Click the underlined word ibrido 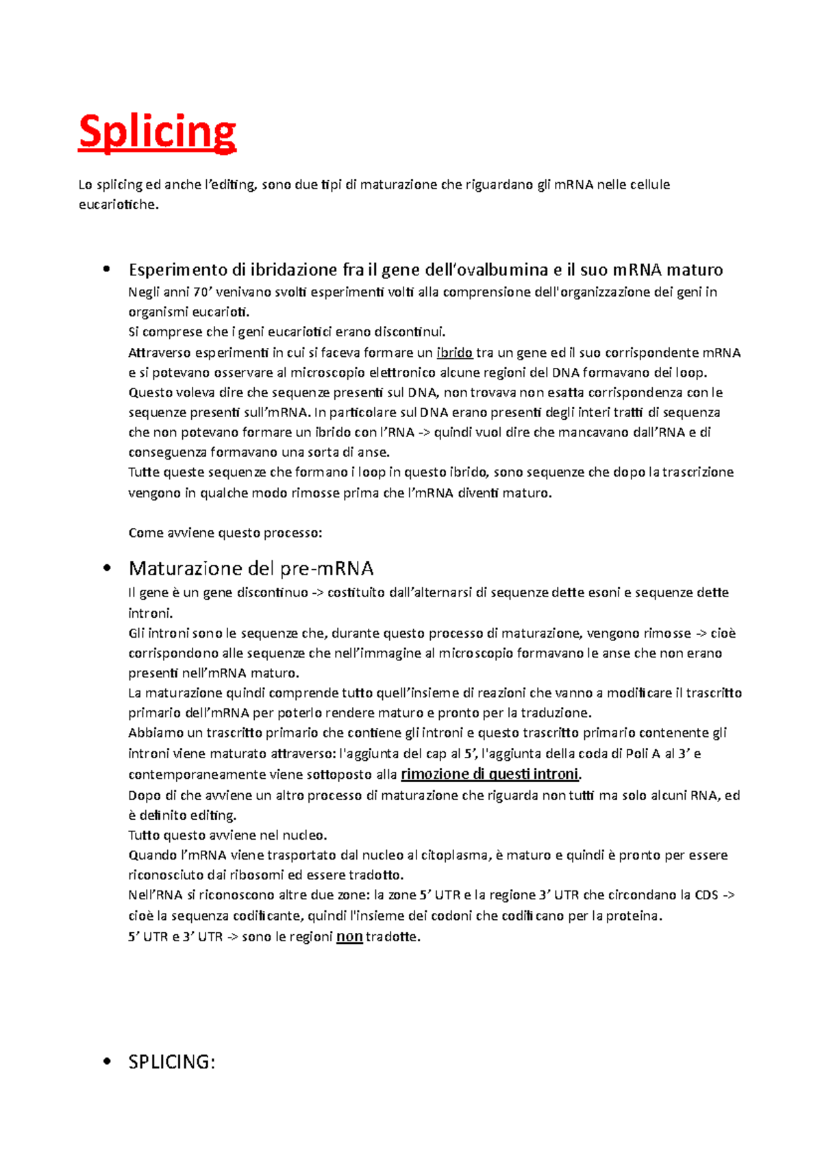[454, 353]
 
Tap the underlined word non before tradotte [349, 936]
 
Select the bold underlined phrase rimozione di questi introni [490, 774]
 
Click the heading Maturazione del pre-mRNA [251, 568]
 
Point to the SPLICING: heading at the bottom [171, 1062]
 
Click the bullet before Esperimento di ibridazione [106, 269]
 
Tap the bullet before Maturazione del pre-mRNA [106, 568]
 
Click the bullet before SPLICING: [106, 1062]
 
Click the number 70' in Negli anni [201, 292]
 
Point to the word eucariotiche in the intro [117, 204]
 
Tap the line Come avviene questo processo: [225, 533]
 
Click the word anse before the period [373, 452]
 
